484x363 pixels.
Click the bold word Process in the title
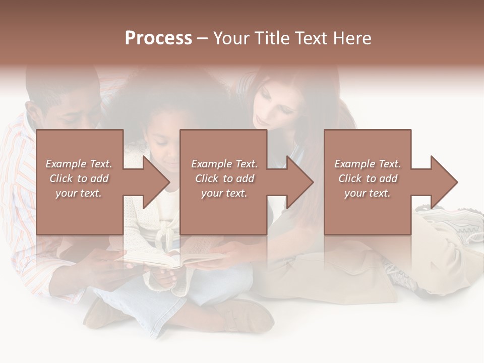click(x=158, y=38)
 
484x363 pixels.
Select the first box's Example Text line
click(x=79, y=164)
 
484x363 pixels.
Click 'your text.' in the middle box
click(x=224, y=193)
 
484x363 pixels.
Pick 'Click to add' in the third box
click(x=368, y=178)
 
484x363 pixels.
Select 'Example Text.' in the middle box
click(x=224, y=164)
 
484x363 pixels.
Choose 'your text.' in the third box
click(x=367, y=193)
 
